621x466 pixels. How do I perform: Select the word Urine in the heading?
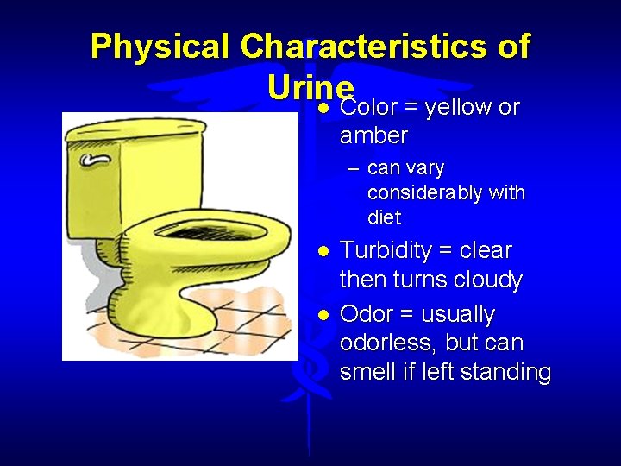pos(310,86)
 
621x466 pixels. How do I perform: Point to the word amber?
pos(373,135)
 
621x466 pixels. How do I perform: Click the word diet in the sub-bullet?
pos(384,217)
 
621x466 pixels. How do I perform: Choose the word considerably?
pos(414,192)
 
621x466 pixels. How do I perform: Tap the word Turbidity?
pos(386,251)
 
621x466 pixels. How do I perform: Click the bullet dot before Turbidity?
pos(322,252)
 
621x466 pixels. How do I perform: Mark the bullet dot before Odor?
pos(322,315)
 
